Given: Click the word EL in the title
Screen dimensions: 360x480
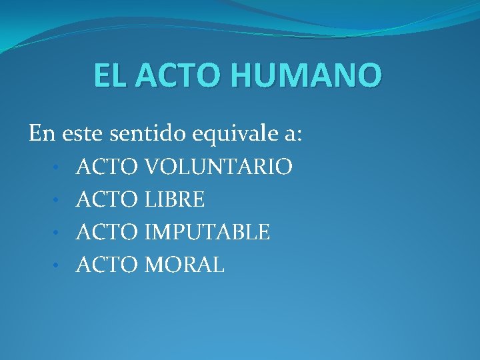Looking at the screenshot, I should click(110, 75).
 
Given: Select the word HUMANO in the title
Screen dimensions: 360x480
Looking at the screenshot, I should click(307, 75).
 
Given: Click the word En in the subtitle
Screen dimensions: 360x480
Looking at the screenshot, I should click(43, 134).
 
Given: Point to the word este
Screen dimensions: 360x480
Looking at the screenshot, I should click(84, 134).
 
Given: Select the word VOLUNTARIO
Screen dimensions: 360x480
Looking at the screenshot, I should click(217, 167).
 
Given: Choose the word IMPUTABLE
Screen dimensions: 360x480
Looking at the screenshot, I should click(207, 232).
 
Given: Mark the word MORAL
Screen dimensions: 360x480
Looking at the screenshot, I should click(184, 265).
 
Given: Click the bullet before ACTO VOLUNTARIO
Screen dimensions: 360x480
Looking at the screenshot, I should click(59, 167).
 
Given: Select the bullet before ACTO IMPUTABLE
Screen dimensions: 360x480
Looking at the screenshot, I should click(59, 233).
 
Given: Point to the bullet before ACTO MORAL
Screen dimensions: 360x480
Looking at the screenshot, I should click(59, 266).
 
